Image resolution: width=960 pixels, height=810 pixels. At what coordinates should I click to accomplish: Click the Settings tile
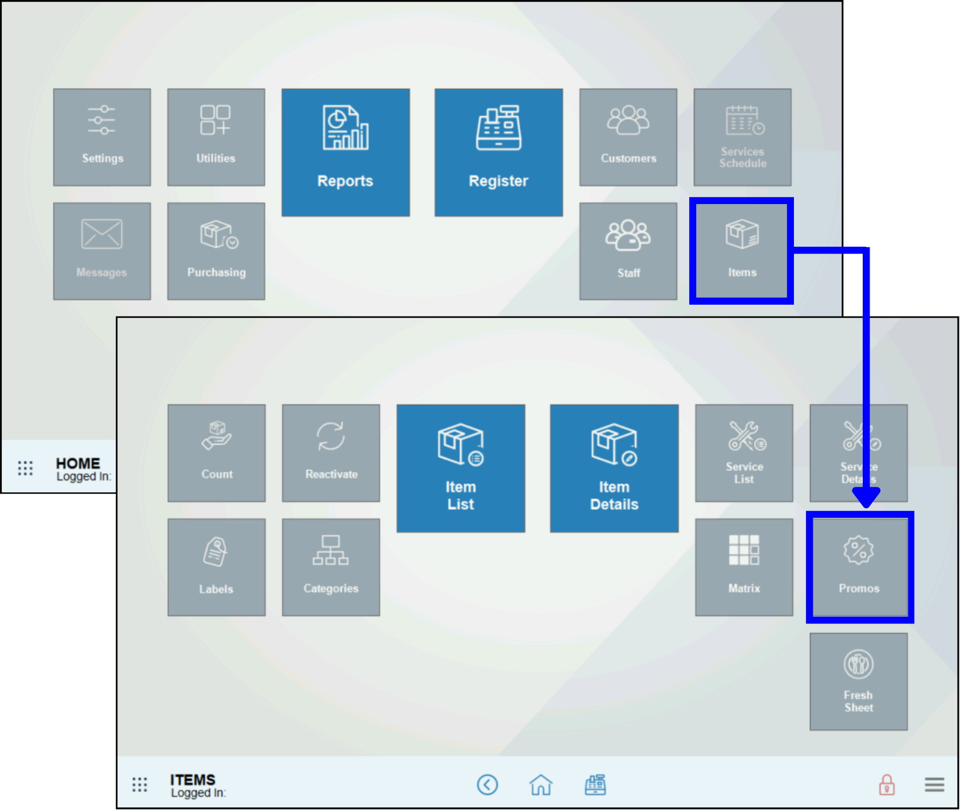[x=102, y=137]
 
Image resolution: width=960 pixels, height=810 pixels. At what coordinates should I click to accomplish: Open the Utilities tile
[x=216, y=137]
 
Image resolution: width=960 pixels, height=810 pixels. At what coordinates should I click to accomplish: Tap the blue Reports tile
[x=346, y=152]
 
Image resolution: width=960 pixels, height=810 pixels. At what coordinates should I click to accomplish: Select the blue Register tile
[x=499, y=152]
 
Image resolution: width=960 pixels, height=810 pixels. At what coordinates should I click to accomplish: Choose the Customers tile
[x=628, y=137]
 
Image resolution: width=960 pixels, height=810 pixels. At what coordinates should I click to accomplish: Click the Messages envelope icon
[x=102, y=234]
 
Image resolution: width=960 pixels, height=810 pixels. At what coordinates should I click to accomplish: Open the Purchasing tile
[x=216, y=251]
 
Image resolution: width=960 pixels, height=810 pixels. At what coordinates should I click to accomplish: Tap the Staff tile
[x=628, y=251]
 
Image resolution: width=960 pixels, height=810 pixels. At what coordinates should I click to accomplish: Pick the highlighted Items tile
[x=742, y=251]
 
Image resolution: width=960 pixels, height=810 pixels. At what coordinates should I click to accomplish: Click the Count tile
[x=217, y=453]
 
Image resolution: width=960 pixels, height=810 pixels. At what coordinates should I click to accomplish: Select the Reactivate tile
[x=331, y=453]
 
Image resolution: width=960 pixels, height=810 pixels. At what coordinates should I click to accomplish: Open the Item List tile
[x=461, y=468]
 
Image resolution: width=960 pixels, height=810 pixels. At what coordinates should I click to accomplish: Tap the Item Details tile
[x=614, y=468]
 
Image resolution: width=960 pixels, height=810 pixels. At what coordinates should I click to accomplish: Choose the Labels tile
[x=217, y=567]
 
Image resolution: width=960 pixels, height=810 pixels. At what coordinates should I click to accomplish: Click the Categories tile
[x=331, y=567]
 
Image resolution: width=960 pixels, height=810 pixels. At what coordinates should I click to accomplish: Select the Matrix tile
[x=744, y=567]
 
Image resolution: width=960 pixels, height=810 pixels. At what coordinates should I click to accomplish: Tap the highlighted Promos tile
[x=859, y=567]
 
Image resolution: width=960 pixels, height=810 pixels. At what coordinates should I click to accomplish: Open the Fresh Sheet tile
[x=859, y=682]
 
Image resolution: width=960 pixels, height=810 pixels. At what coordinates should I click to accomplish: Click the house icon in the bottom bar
[x=541, y=785]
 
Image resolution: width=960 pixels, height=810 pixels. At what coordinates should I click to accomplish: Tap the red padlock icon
[x=887, y=785]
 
